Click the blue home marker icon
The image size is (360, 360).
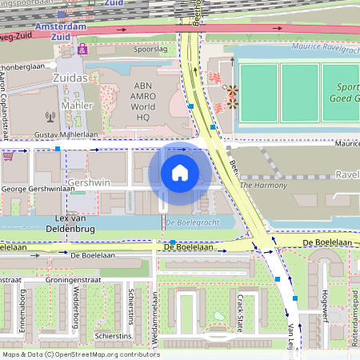point(180,172)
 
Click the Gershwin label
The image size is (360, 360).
point(89,182)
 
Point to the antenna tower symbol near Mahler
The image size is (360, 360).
point(50,115)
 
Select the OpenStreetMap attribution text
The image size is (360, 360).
point(81,354)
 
